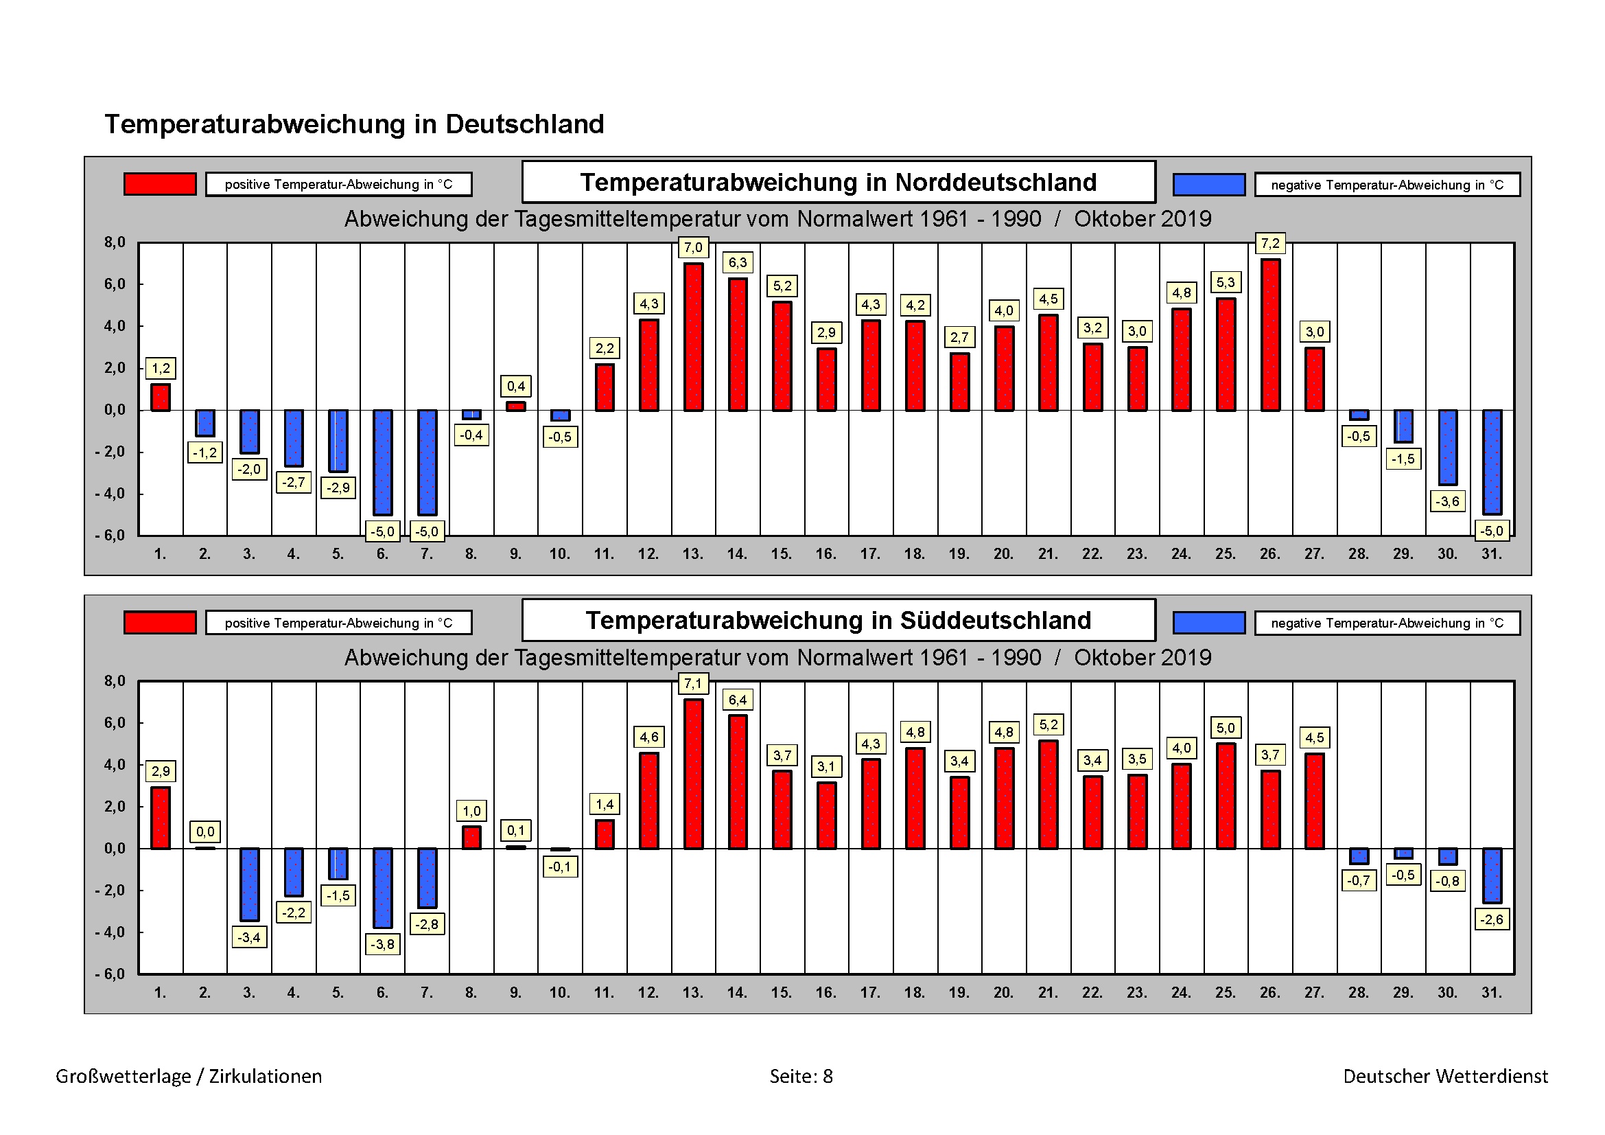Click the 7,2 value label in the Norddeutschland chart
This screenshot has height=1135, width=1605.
pyautogui.click(x=1269, y=243)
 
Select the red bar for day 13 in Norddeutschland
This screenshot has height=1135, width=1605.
pyautogui.click(x=693, y=336)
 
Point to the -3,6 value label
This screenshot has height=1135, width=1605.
pyautogui.click(x=1447, y=501)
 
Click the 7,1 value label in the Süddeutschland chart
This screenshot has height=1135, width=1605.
pyautogui.click(x=693, y=683)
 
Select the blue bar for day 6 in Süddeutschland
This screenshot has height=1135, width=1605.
pyautogui.click(x=382, y=887)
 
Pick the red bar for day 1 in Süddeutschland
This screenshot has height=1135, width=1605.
pyautogui.click(x=160, y=818)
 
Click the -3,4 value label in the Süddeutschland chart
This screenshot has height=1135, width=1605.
pyautogui.click(x=249, y=937)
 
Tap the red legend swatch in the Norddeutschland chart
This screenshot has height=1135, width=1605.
pyautogui.click(x=159, y=184)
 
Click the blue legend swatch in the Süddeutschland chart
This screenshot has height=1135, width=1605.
pyautogui.click(x=1208, y=622)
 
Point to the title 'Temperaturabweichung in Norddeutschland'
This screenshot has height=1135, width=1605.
pyautogui.click(x=838, y=182)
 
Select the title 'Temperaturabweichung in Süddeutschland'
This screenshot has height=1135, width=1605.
pyautogui.click(x=838, y=620)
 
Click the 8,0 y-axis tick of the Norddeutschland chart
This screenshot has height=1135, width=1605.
pyautogui.click(x=115, y=242)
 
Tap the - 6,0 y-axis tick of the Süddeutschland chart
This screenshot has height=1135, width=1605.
pyautogui.click(x=110, y=974)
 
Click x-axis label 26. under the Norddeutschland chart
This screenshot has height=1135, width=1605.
pyautogui.click(x=1269, y=554)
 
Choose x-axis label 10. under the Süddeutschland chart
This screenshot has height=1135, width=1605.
pyautogui.click(x=559, y=992)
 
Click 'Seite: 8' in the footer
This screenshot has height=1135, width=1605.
pyautogui.click(x=801, y=1076)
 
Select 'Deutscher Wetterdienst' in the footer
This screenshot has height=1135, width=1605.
pyautogui.click(x=1445, y=1076)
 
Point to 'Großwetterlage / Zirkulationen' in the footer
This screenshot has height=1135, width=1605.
pyautogui.click(x=189, y=1076)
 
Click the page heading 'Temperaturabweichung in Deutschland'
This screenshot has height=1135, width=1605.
pyautogui.click(x=354, y=124)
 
